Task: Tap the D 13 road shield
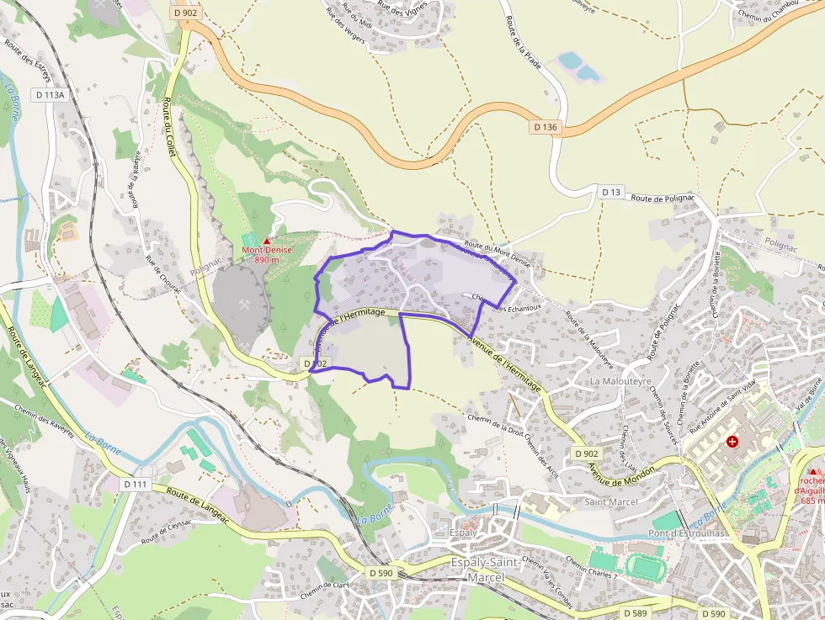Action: pos(611,193)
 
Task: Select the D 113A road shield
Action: pos(51,95)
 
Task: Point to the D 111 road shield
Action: pos(135,485)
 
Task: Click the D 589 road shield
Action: pos(635,613)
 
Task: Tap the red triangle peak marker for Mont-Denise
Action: pos(268,241)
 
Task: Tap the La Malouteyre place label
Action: pos(621,381)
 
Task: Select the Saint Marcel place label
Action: pos(611,502)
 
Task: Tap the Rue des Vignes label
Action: pos(402,8)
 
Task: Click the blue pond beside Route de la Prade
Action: pos(570,61)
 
